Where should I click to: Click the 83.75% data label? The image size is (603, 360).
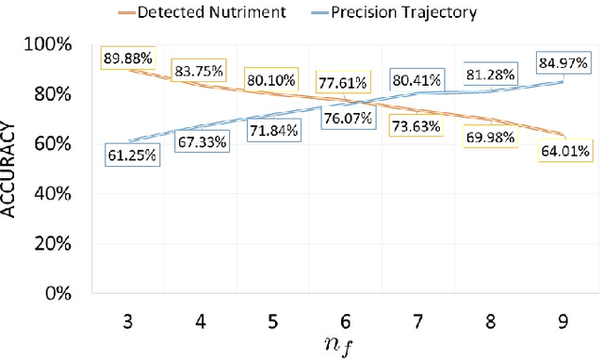(x=196, y=72)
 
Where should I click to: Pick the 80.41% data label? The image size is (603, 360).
(x=415, y=80)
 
